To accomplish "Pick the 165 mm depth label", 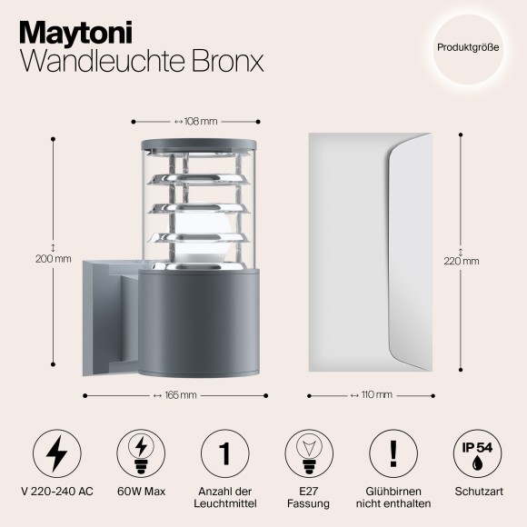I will coord(174,395).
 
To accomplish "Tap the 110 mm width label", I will coord(373,395).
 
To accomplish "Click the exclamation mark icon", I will coord(393,452).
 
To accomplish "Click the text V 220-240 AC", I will coord(55,491).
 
